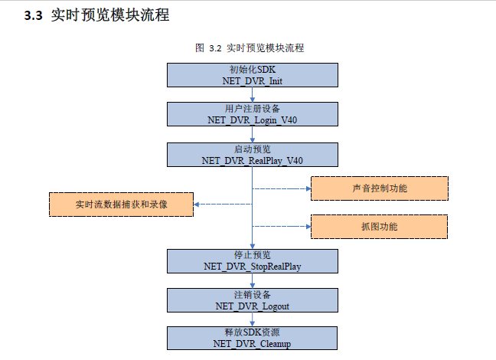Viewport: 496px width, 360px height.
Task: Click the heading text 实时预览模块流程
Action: (110, 15)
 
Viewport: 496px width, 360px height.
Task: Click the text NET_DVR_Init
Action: (252, 80)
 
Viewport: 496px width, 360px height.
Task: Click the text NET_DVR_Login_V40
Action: (252, 120)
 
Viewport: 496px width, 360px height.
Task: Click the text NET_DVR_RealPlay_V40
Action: (252, 160)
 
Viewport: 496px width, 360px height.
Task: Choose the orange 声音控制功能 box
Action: (379, 188)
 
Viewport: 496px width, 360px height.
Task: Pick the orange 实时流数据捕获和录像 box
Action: (121, 205)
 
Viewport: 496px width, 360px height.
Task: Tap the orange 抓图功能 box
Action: (379, 227)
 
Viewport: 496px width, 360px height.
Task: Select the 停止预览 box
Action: (252, 254)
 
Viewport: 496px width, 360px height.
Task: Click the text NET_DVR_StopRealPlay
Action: (252, 266)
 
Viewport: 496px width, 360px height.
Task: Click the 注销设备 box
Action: (252, 294)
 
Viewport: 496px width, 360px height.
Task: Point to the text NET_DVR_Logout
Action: (252, 306)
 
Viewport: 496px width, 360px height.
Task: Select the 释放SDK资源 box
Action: (252, 333)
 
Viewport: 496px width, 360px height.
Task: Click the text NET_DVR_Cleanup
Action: (252, 344)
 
